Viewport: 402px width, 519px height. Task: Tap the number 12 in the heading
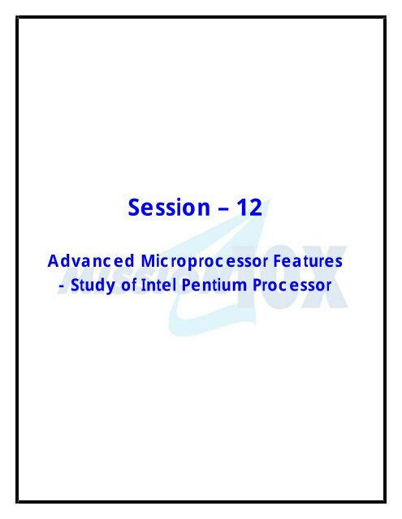[x=248, y=209]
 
